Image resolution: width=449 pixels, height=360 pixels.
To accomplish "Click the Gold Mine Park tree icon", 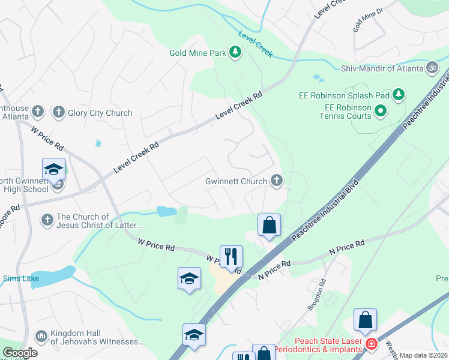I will point(236,53).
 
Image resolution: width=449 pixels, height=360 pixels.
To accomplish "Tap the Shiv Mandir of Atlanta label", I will point(382,68).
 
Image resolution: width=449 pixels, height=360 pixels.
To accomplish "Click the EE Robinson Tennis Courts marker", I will point(380,110).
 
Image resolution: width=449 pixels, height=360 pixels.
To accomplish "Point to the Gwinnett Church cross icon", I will point(277,180).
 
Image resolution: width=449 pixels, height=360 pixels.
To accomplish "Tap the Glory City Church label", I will point(100,113).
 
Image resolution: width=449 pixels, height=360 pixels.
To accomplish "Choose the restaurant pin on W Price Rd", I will point(231,256).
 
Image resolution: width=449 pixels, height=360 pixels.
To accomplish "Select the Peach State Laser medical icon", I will point(372,344).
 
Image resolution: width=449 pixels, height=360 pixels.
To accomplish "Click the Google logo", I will point(20,352).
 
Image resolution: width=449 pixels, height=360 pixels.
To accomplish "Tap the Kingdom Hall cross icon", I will point(41,335).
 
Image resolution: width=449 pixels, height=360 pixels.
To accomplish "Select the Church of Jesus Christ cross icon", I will point(47,220).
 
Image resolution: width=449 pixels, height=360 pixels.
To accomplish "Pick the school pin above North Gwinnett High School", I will point(53,169).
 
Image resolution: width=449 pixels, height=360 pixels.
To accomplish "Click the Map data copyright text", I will point(423,355).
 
